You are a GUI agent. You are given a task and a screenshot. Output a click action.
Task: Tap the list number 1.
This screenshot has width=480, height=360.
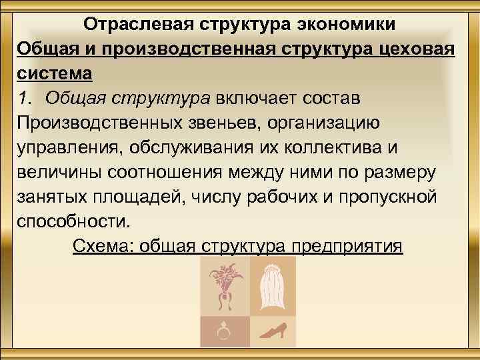pos(25,98)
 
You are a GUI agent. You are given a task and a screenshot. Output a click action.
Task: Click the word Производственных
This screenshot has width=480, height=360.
pos(100,123)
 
